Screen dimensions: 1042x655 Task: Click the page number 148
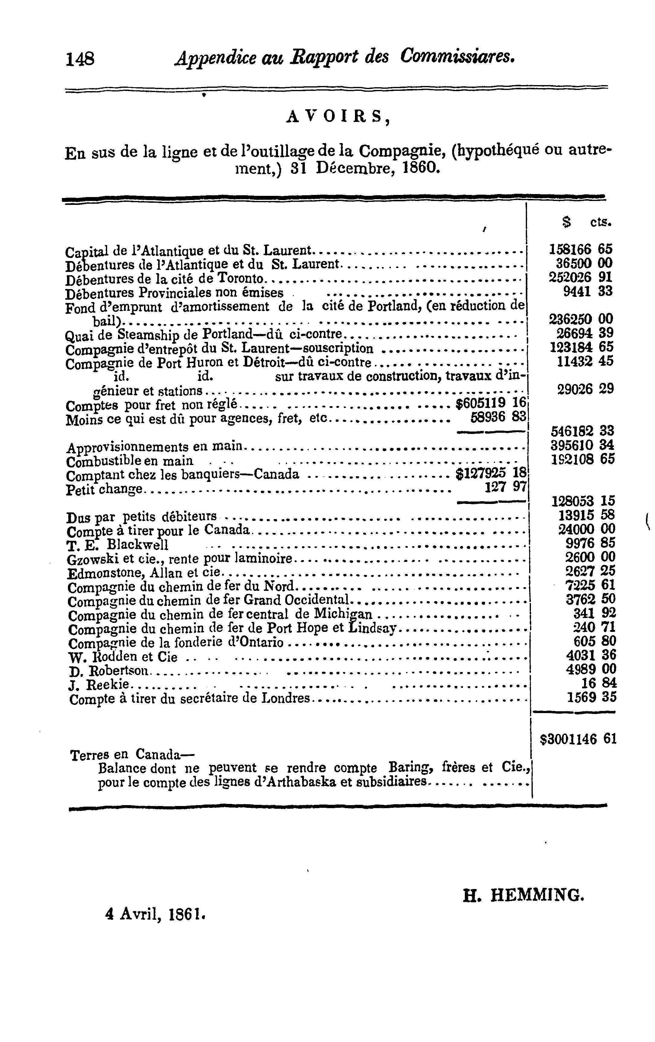coord(80,58)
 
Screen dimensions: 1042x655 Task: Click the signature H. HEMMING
coord(524,894)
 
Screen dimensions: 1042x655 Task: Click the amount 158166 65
coord(580,249)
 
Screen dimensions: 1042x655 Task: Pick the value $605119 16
coord(491,403)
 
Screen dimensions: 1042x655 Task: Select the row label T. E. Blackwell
coord(118,544)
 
